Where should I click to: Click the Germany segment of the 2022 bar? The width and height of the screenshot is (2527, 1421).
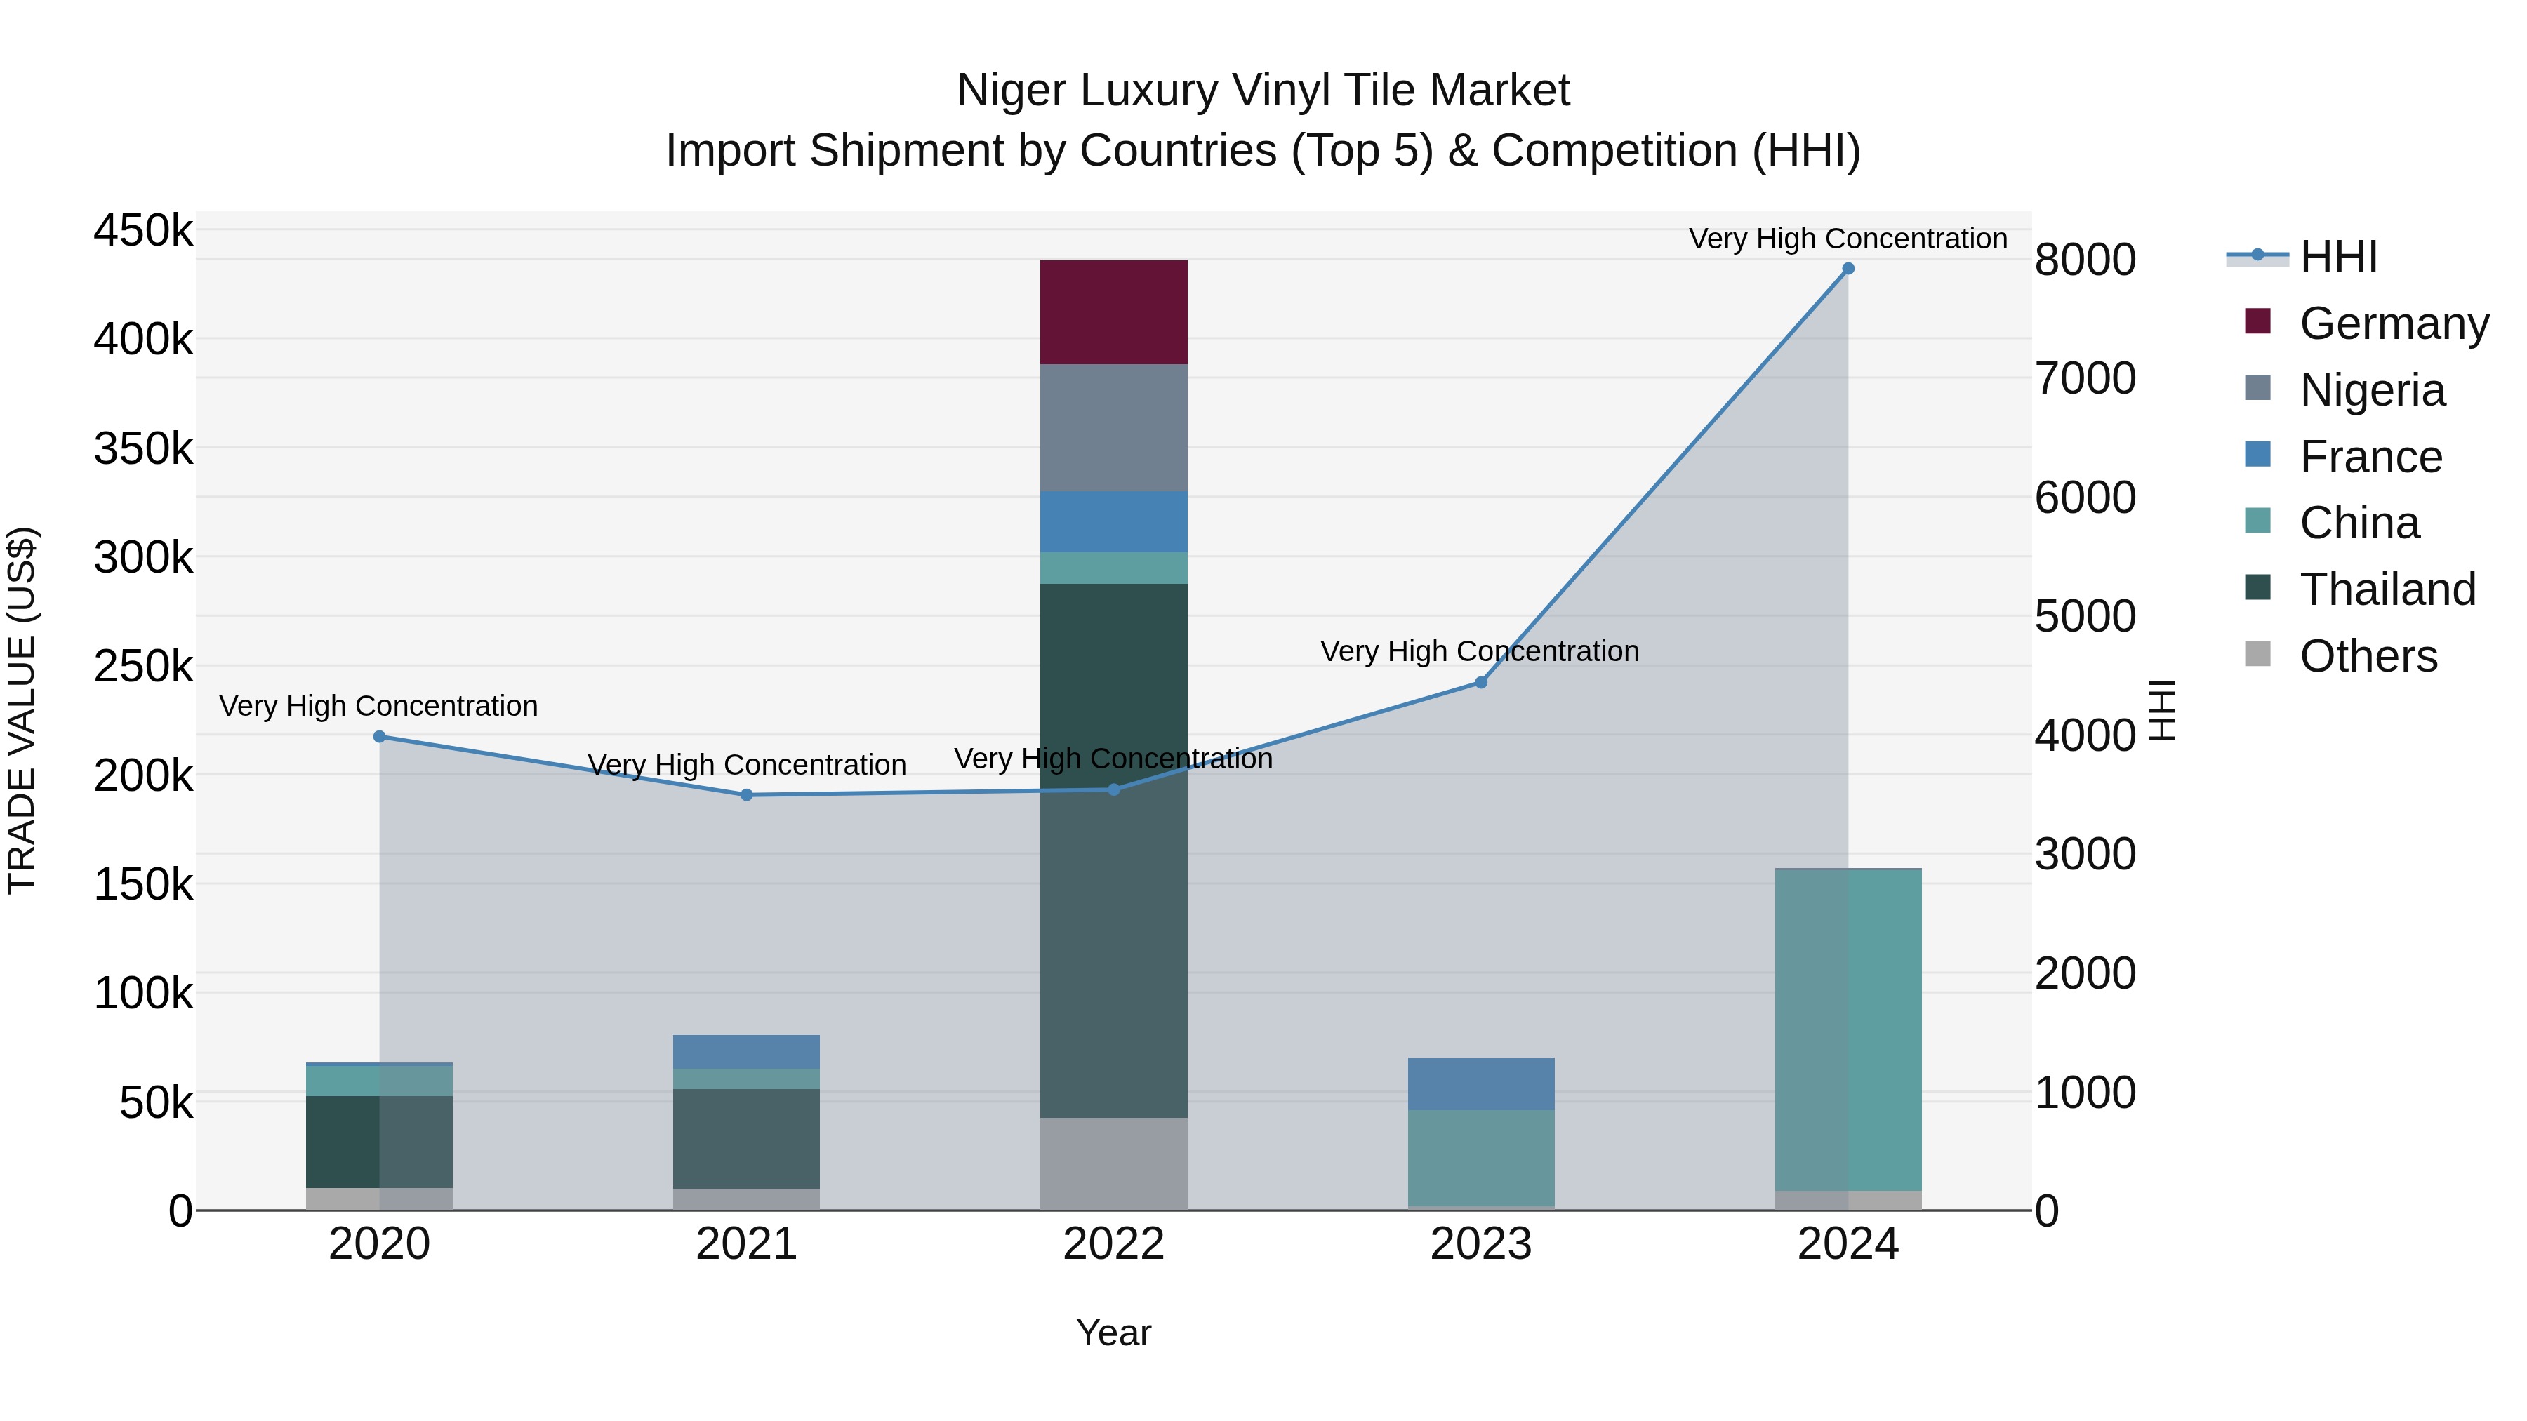[x=1113, y=312]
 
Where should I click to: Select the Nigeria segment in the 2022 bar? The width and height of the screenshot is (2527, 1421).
[x=1113, y=427]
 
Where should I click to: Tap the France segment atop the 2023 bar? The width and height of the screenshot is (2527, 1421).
[x=1480, y=1083]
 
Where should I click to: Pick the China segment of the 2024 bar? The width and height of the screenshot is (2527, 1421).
[x=1848, y=1029]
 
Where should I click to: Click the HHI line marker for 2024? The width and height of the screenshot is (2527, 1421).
[x=1848, y=269]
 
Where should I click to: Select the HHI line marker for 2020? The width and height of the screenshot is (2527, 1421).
[x=380, y=737]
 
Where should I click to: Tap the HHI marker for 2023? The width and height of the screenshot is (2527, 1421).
[x=1481, y=683]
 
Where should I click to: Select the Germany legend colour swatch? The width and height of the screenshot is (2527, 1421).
[x=2257, y=321]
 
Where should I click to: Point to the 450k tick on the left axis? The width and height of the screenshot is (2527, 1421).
[x=143, y=232]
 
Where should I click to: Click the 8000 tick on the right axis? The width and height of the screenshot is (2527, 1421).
[x=2085, y=260]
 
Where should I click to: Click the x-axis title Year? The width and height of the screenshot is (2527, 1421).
[x=1113, y=1333]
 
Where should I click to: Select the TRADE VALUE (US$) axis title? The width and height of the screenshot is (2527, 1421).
[x=22, y=710]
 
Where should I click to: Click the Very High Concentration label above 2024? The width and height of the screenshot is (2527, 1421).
[x=1848, y=239]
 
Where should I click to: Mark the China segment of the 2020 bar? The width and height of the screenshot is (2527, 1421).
[x=380, y=1081]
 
